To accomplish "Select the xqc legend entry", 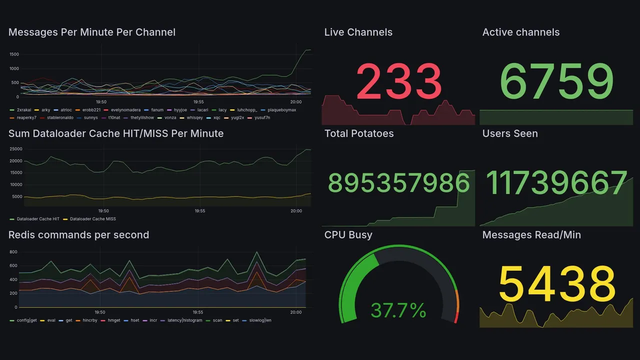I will pyautogui.click(x=216, y=117).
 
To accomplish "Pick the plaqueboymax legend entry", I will pyautogui.click(x=281, y=110).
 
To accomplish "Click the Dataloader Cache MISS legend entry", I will pyautogui.click(x=92, y=219).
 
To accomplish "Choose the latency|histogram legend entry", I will pyautogui.click(x=185, y=320).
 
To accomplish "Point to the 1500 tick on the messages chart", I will pyautogui.click(x=14, y=54).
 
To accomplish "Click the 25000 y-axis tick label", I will pyautogui.click(x=16, y=149).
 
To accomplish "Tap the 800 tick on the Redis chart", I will pyautogui.click(x=13, y=251).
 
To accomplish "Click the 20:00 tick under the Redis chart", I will pyautogui.click(x=296, y=312).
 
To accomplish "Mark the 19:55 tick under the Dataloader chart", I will pyautogui.click(x=199, y=211).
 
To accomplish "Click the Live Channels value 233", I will pyautogui.click(x=398, y=81).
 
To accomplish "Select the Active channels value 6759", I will pyautogui.click(x=556, y=81).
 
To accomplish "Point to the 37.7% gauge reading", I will pyautogui.click(x=398, y=310).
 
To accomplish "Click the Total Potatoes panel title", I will pyautogui.click(x=359, y=133).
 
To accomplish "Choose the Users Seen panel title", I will pyautogui.click(x=510, y=133).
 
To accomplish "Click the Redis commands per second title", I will pyautogui.click(x=79, y=235).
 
